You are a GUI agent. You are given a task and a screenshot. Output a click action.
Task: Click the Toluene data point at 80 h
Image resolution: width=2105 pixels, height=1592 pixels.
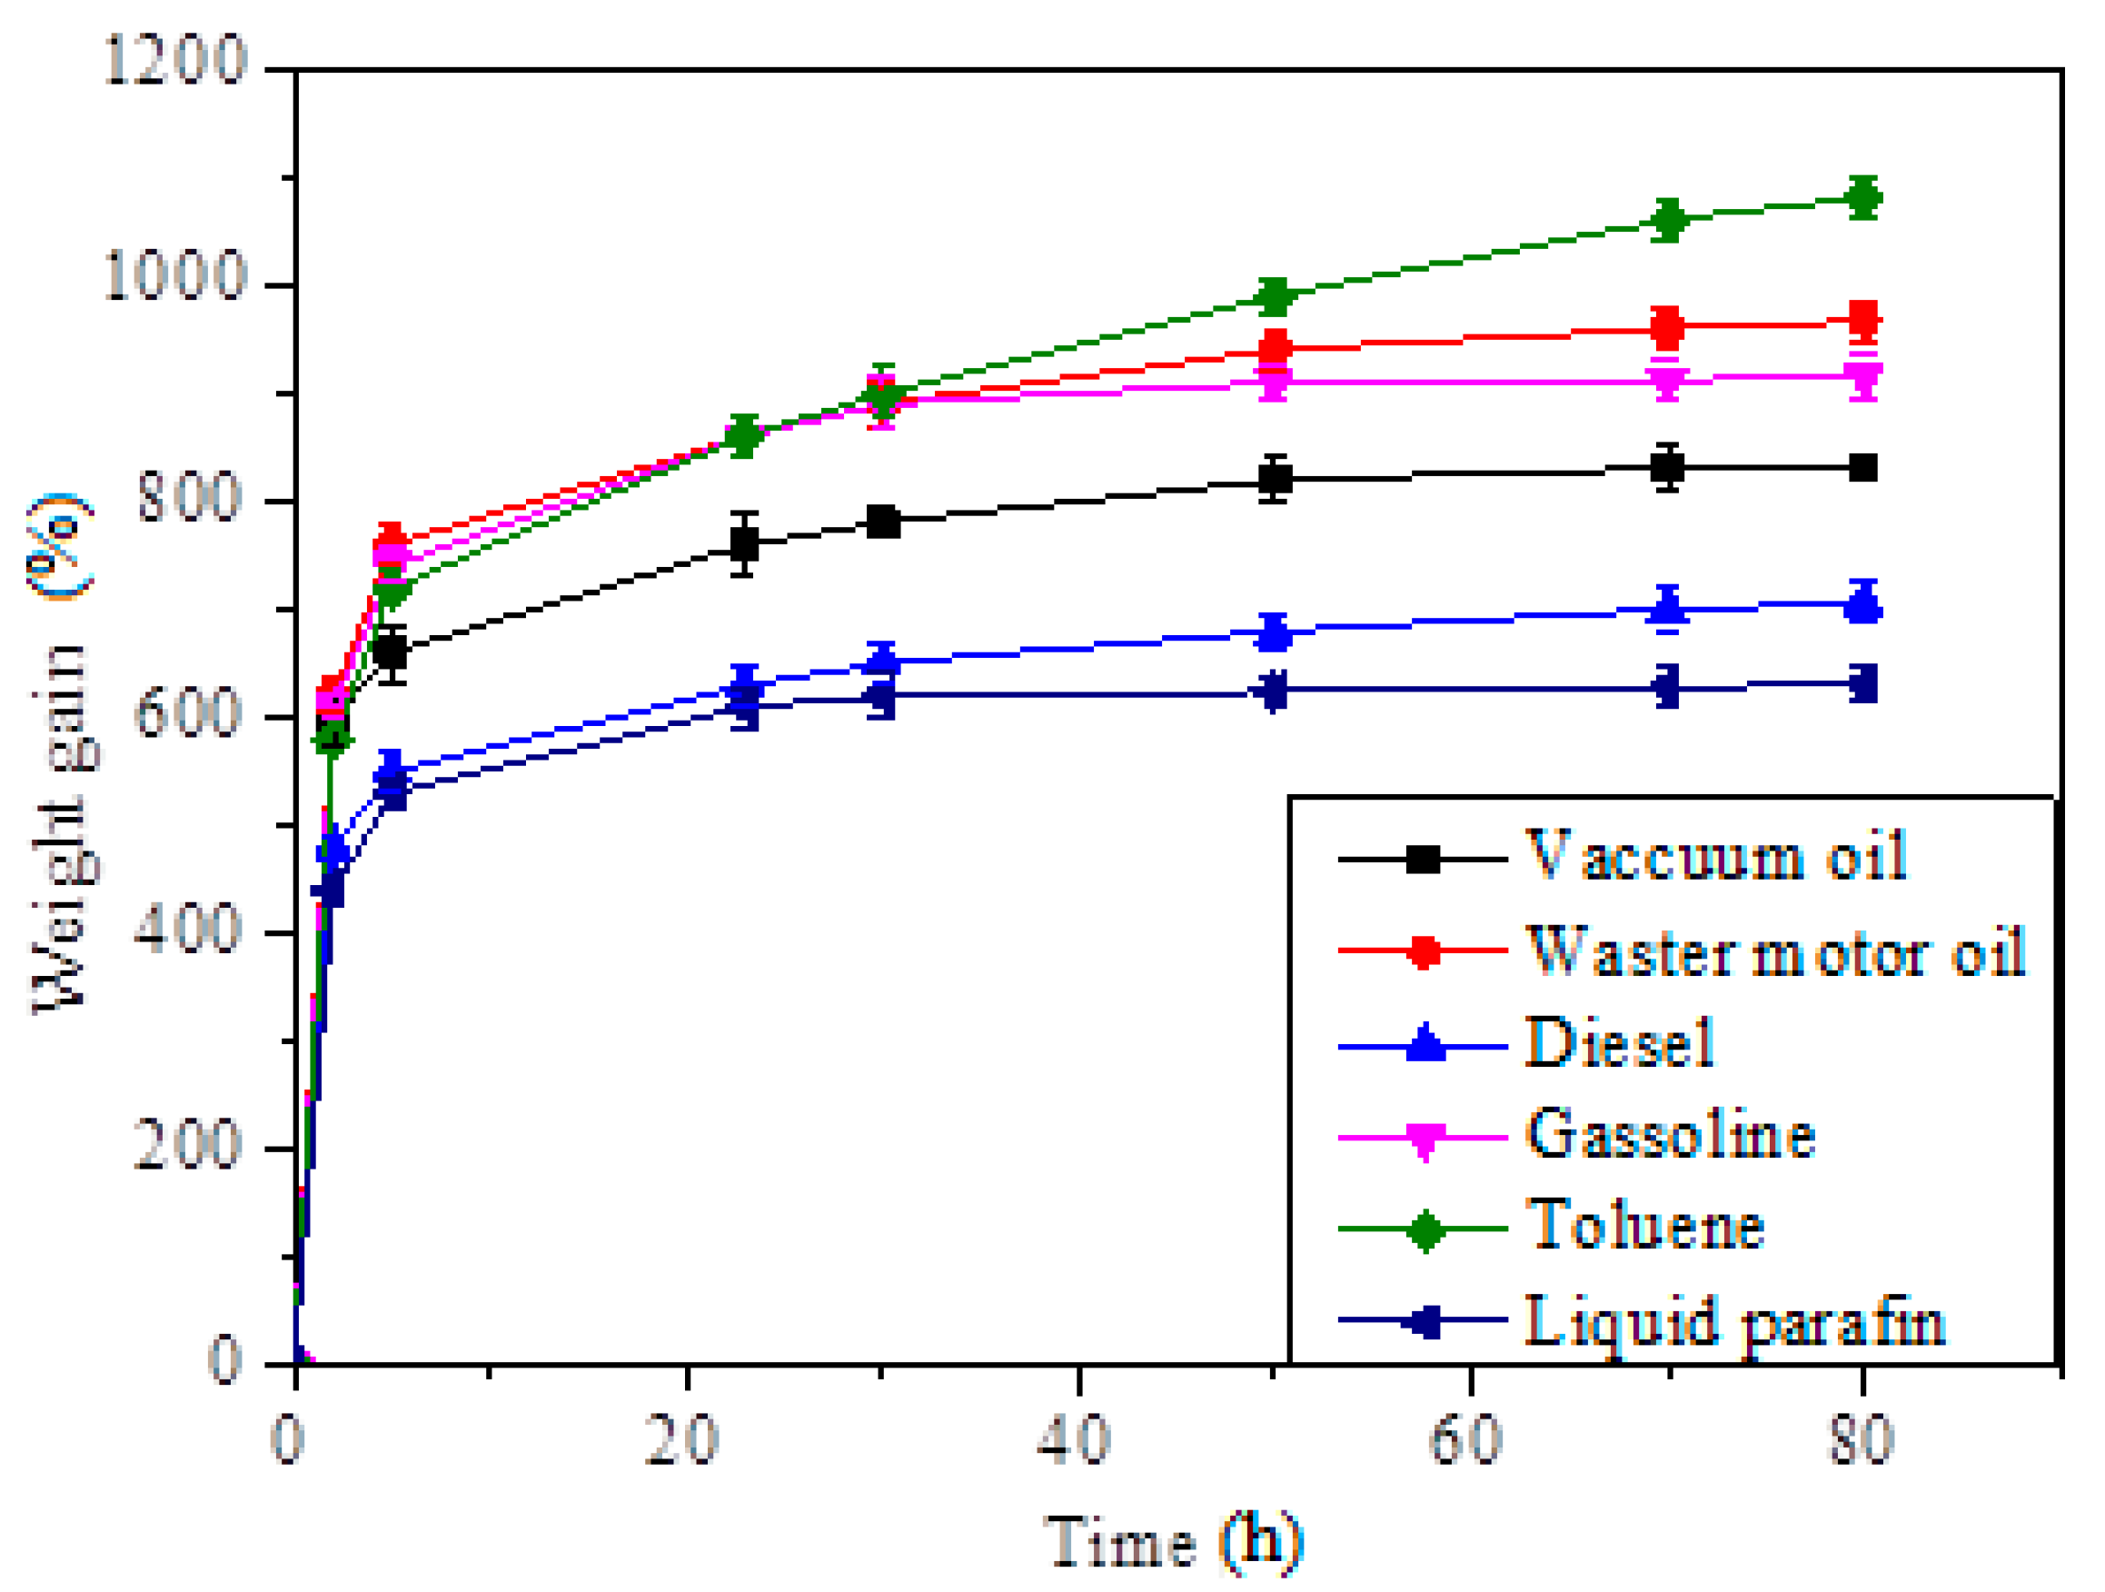(x=1863, y=198)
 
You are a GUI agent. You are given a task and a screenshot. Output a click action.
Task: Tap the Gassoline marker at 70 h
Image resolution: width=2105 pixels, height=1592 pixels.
(x=1666, y=381)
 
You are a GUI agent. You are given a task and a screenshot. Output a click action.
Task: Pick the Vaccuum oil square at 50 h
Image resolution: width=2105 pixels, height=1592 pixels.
(x=1275, y=478)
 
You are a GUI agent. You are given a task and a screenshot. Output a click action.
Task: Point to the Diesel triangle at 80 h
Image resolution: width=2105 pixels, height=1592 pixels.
(x=1863, y=604)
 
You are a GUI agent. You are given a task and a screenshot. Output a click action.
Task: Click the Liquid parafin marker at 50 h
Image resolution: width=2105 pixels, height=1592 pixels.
(x=1275, y=690)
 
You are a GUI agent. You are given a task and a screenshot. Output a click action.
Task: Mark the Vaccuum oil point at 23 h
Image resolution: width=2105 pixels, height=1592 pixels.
(x=744, y=543)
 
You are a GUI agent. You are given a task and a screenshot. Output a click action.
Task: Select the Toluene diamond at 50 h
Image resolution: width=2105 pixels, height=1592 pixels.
(x=1275, y=296)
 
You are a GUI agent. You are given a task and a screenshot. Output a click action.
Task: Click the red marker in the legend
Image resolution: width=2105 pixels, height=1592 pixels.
(x=1424, y=950)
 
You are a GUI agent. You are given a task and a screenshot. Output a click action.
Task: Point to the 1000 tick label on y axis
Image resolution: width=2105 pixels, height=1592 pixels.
(x=175, y=276)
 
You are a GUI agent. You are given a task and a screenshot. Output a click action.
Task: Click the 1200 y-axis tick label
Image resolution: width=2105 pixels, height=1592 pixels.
(x=175, y=60)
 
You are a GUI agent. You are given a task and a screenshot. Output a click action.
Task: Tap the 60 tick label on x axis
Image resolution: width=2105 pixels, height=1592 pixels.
(x=1466, y=1438)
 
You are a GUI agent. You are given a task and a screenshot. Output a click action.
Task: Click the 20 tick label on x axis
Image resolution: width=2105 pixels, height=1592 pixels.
(x=682, y=1438)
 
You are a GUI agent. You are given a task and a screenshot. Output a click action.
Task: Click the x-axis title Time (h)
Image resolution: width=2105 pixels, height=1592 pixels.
(x=1172, y=1540)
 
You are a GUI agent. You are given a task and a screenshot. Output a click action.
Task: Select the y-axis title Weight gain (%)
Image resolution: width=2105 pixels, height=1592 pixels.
(x=62, y=751)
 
